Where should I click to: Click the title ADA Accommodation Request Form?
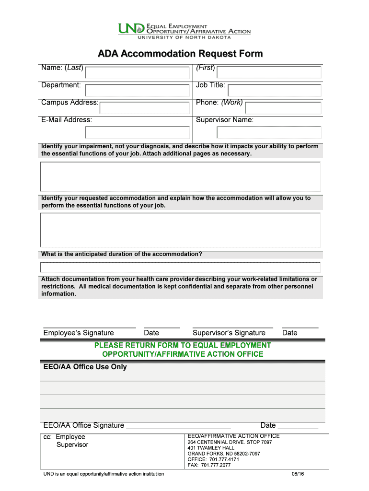pos(180,54)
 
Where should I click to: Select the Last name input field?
pos(138,73)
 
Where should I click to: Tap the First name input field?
pos(269,72)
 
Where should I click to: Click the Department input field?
pos(138,90)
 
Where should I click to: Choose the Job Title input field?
pos(274,90)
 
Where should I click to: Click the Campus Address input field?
pos(144,107)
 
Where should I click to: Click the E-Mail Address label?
pos(67,120)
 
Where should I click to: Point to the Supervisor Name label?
pos(225,120)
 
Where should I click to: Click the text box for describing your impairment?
pos(180,176)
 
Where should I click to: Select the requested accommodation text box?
pos(180,230)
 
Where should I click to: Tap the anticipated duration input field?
pos(180,267)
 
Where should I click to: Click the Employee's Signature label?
pos(79,333)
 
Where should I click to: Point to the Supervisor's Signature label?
pos(229,333)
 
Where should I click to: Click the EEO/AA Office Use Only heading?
pos(85,367)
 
